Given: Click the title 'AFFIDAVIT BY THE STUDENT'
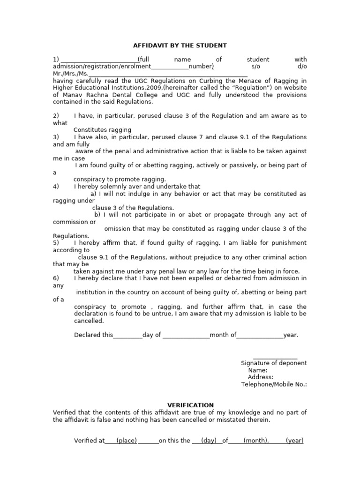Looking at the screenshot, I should coord(180,45).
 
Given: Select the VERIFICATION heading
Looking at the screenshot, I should coord(191,405).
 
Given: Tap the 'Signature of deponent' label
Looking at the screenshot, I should coord(274,363).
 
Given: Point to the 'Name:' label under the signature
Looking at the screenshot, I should coord(258,370).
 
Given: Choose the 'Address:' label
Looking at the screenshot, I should coord(261,377).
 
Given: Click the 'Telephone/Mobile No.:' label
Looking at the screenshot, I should coord(274,384).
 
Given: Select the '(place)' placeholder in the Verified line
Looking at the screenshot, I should coord(127,441).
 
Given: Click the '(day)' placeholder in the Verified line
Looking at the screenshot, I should coord(209,441).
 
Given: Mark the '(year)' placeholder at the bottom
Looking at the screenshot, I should coord(295,441).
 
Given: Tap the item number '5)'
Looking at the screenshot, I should coord(56,243).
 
